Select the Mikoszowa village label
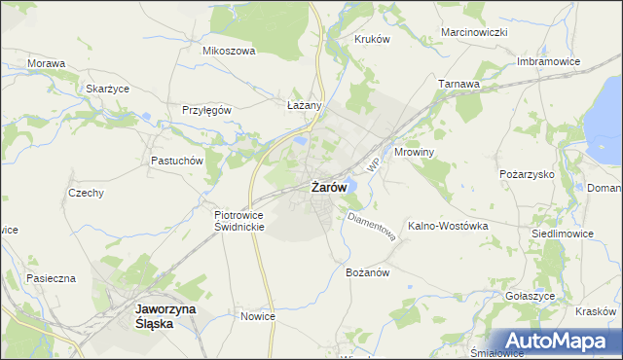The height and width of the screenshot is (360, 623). coord(228,51)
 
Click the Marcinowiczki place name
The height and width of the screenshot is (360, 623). coord(475,32)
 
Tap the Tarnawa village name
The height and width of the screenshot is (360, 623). coord(459,84)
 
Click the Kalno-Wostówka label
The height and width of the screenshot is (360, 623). coord(448,226)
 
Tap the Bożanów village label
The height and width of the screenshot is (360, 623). coord(368,272)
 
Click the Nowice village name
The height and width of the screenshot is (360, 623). coord(258,316)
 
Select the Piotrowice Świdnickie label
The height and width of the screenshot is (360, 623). coord(239,219)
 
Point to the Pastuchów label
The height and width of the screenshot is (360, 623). coord(176,160)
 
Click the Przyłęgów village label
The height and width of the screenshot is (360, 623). coord(206,110)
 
